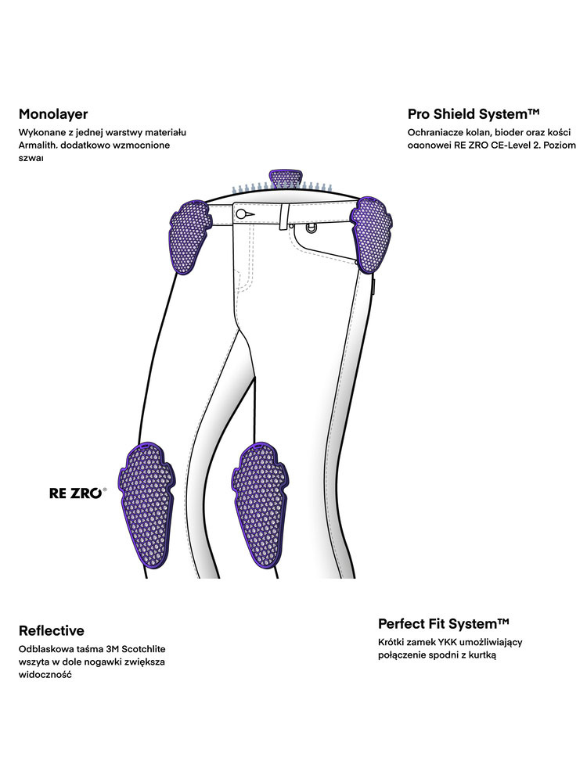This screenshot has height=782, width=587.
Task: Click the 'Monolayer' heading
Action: point(53,114)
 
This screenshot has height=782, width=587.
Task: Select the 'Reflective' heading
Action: point(52,630)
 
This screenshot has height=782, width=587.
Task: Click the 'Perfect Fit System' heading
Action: point(444,623)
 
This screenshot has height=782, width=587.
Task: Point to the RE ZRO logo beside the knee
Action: point(77,494)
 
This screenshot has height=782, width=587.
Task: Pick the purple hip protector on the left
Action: point(188,235)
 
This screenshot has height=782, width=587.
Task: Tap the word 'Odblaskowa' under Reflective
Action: point(46,649)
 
